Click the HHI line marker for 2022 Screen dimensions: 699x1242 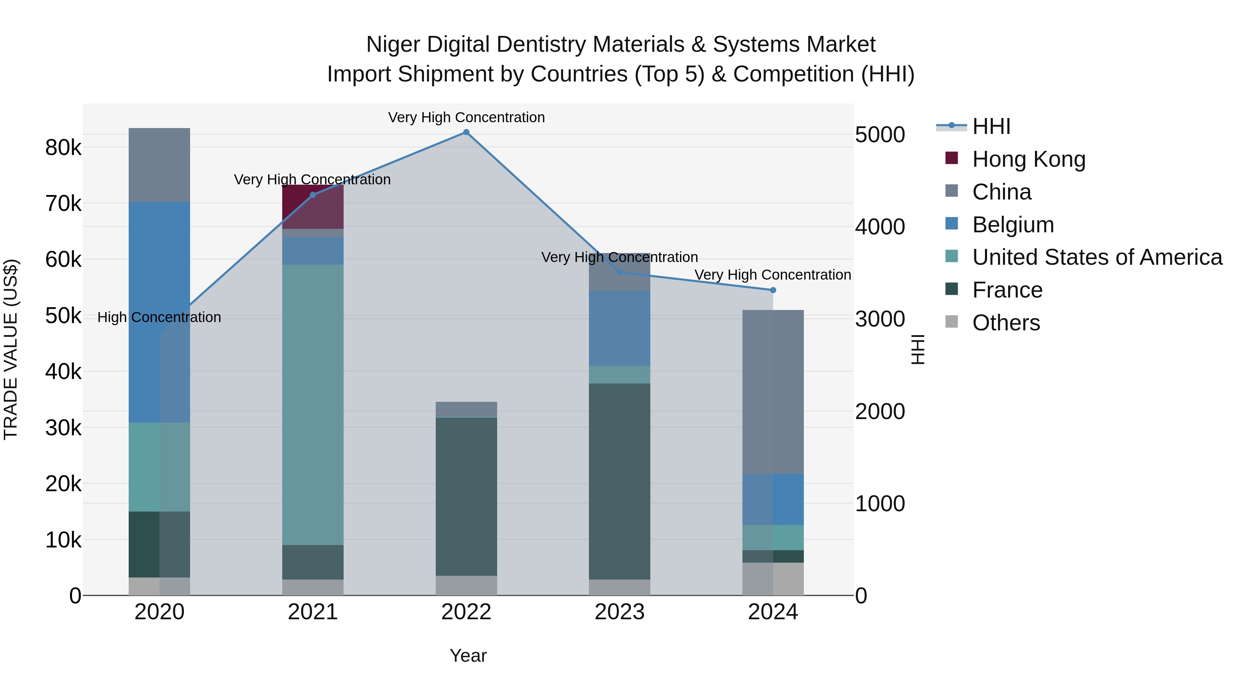click(466, 132)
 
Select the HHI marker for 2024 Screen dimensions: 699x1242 click(773, 290)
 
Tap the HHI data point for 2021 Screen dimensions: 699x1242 click(313, 195)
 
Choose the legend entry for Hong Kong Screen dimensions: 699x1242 click(1028, 159)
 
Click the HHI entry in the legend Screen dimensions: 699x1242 click(991, 126)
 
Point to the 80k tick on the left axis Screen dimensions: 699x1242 click(63, 148)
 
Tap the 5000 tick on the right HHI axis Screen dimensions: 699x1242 click(880, 135)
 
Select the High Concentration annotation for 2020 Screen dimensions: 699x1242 click(159, 318)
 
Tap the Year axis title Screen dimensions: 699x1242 click(468, 656)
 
